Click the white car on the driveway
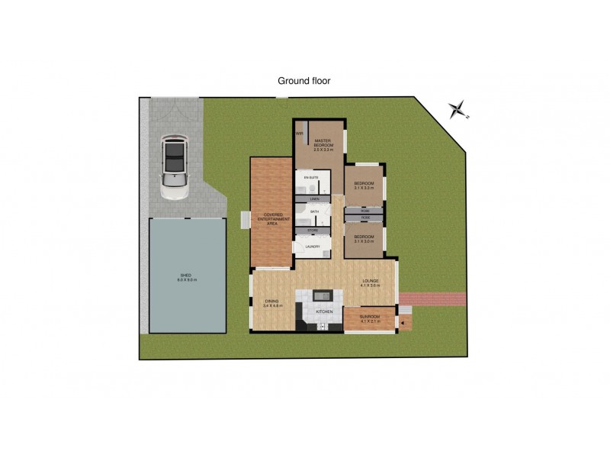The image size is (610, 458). click(175, 169)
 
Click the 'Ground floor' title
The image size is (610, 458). click(303, 80)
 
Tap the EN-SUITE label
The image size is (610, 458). click(310, 177)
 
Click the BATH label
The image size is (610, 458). click(313, 211)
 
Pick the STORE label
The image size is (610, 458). click(312, 230)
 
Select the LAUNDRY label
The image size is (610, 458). click(312, 247)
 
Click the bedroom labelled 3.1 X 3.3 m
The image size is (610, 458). click(363, 185)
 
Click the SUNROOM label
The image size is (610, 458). click(370, 319)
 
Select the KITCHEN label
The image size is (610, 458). click(324, 311)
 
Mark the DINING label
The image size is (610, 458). click(272, 303)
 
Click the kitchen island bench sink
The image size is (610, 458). click(322, 295)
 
